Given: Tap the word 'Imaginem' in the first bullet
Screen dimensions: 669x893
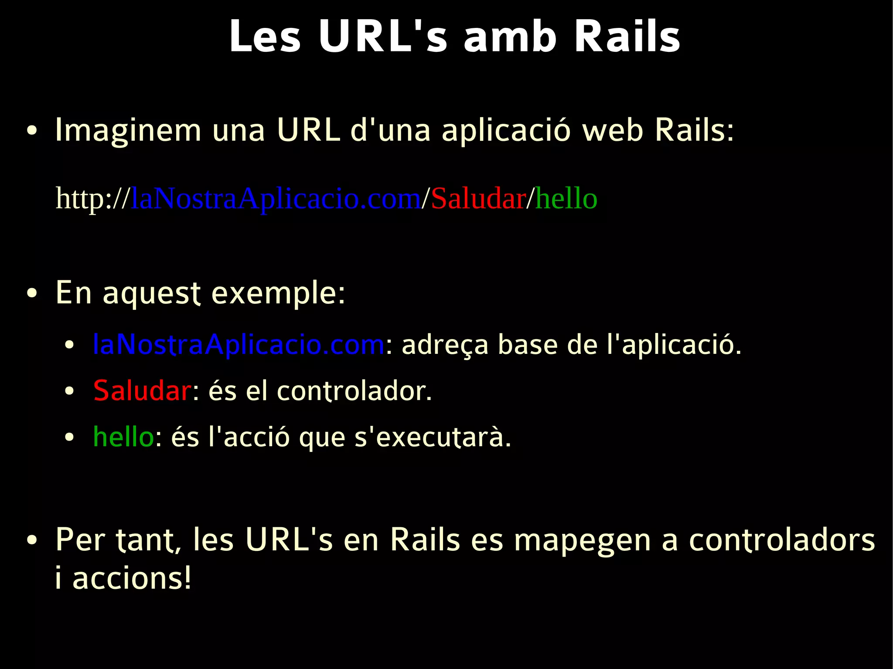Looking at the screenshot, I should pyautogui.click(x=128, y=131).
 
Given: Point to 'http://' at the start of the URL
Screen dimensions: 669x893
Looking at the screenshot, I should pyautogui.click(x=92, y=199).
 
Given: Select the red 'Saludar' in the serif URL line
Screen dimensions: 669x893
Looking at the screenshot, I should pyautogui.click(x=478, y=199).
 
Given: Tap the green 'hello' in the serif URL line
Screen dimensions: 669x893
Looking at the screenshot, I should pyautogui.click(x=566, y=199).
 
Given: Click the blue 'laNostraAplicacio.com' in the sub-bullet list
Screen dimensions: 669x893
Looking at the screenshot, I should pyautogui.click(x=239, y=345).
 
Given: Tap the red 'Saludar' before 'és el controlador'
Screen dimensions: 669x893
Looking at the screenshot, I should pyautogui.click(x=142, y=391).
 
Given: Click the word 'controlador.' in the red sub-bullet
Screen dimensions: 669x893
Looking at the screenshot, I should pyautogui.click(x=354, y=391).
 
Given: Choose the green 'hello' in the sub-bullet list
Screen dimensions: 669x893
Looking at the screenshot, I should pyautogui.click(x=123, y=437).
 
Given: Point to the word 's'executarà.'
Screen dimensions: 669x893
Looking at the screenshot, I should pyautogui.click(x=433, y=437).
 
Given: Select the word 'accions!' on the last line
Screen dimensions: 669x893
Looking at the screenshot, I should pyautogui.click(x=132, y=578).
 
